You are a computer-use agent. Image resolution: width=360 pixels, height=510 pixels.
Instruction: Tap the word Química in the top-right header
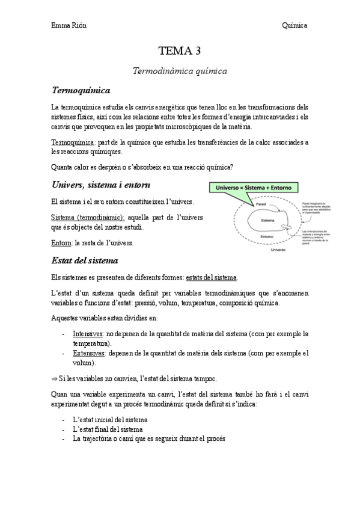tap(294, 25)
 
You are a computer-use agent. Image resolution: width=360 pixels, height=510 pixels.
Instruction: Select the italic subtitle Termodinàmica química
tap(180, 71)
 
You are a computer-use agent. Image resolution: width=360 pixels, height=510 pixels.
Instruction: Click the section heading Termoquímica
tap(81, 91)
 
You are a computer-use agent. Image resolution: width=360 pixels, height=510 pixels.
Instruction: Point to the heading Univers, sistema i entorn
tap(101, 183)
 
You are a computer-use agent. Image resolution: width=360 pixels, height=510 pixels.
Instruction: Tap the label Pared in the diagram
tap(244, 204)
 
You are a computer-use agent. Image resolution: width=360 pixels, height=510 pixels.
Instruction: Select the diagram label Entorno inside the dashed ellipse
tap(266, 237)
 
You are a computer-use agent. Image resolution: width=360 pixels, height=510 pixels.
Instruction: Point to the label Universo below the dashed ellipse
tap(278, 249)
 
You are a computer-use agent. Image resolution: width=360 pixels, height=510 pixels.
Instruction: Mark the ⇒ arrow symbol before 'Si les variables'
tap(55, 378)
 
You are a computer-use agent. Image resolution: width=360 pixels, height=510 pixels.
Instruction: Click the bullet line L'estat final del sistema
tap(108, 429)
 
